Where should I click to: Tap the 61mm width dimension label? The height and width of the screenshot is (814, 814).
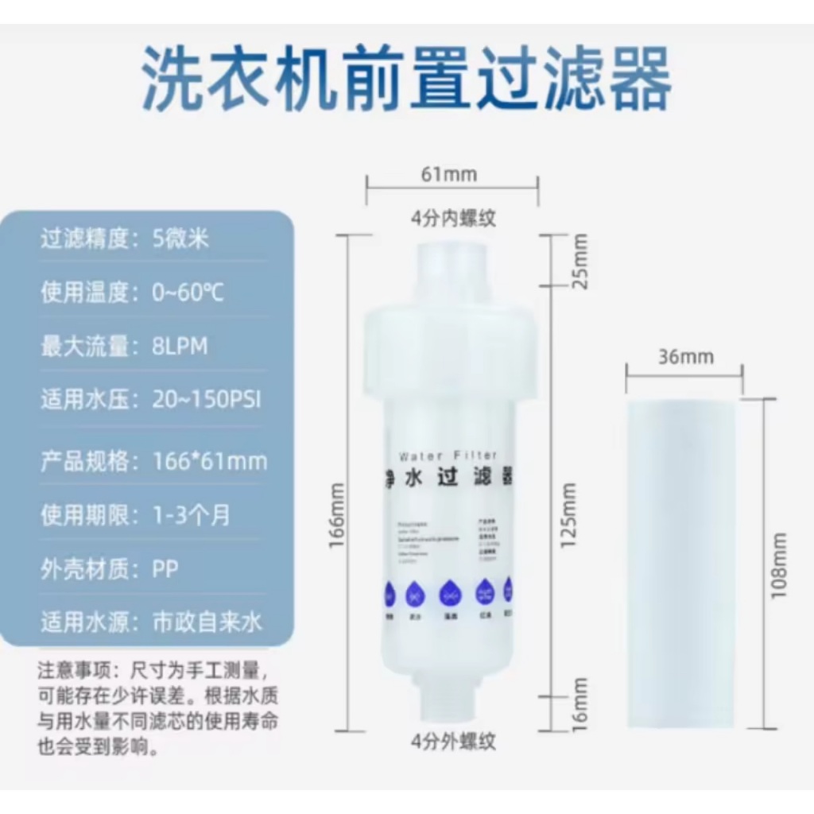point(449,174)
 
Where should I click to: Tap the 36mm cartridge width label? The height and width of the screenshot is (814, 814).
point(686,357)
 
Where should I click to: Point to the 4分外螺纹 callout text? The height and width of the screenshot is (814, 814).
point(454,742)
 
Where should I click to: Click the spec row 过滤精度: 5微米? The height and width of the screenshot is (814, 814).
point(125,238)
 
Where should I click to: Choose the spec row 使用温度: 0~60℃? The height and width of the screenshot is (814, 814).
point(133,293)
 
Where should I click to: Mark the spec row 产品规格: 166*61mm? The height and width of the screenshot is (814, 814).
point(154,461)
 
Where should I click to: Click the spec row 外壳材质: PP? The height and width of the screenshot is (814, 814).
point(110,568)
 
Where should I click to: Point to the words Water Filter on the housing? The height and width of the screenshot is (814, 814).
point(448,455)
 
